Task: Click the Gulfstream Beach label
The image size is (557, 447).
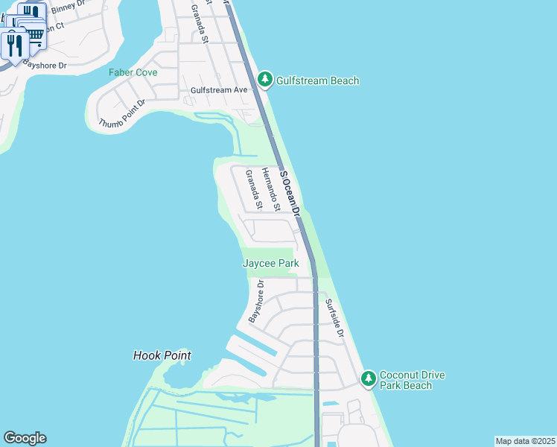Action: tap(318, 80)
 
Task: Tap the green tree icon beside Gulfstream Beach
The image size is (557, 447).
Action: tap(264, 79)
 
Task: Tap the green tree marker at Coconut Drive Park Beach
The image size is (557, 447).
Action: tap(368, 378)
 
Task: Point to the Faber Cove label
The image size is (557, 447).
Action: tap(133, 72)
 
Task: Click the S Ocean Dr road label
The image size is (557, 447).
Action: tap(290, 192)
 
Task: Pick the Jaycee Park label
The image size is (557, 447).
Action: tap(270, 264)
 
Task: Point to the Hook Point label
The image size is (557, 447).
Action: tap(162, 356)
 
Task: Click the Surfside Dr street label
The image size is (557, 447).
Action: tap(334, 318)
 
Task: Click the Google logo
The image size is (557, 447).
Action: tap(25, 438)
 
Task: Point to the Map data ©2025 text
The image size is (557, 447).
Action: tap(524, 441)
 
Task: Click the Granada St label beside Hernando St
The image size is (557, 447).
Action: tap(254, 189)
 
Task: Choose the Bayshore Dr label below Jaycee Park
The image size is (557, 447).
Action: tap(256, 302)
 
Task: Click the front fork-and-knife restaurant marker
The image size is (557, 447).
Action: tap(15, 46)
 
